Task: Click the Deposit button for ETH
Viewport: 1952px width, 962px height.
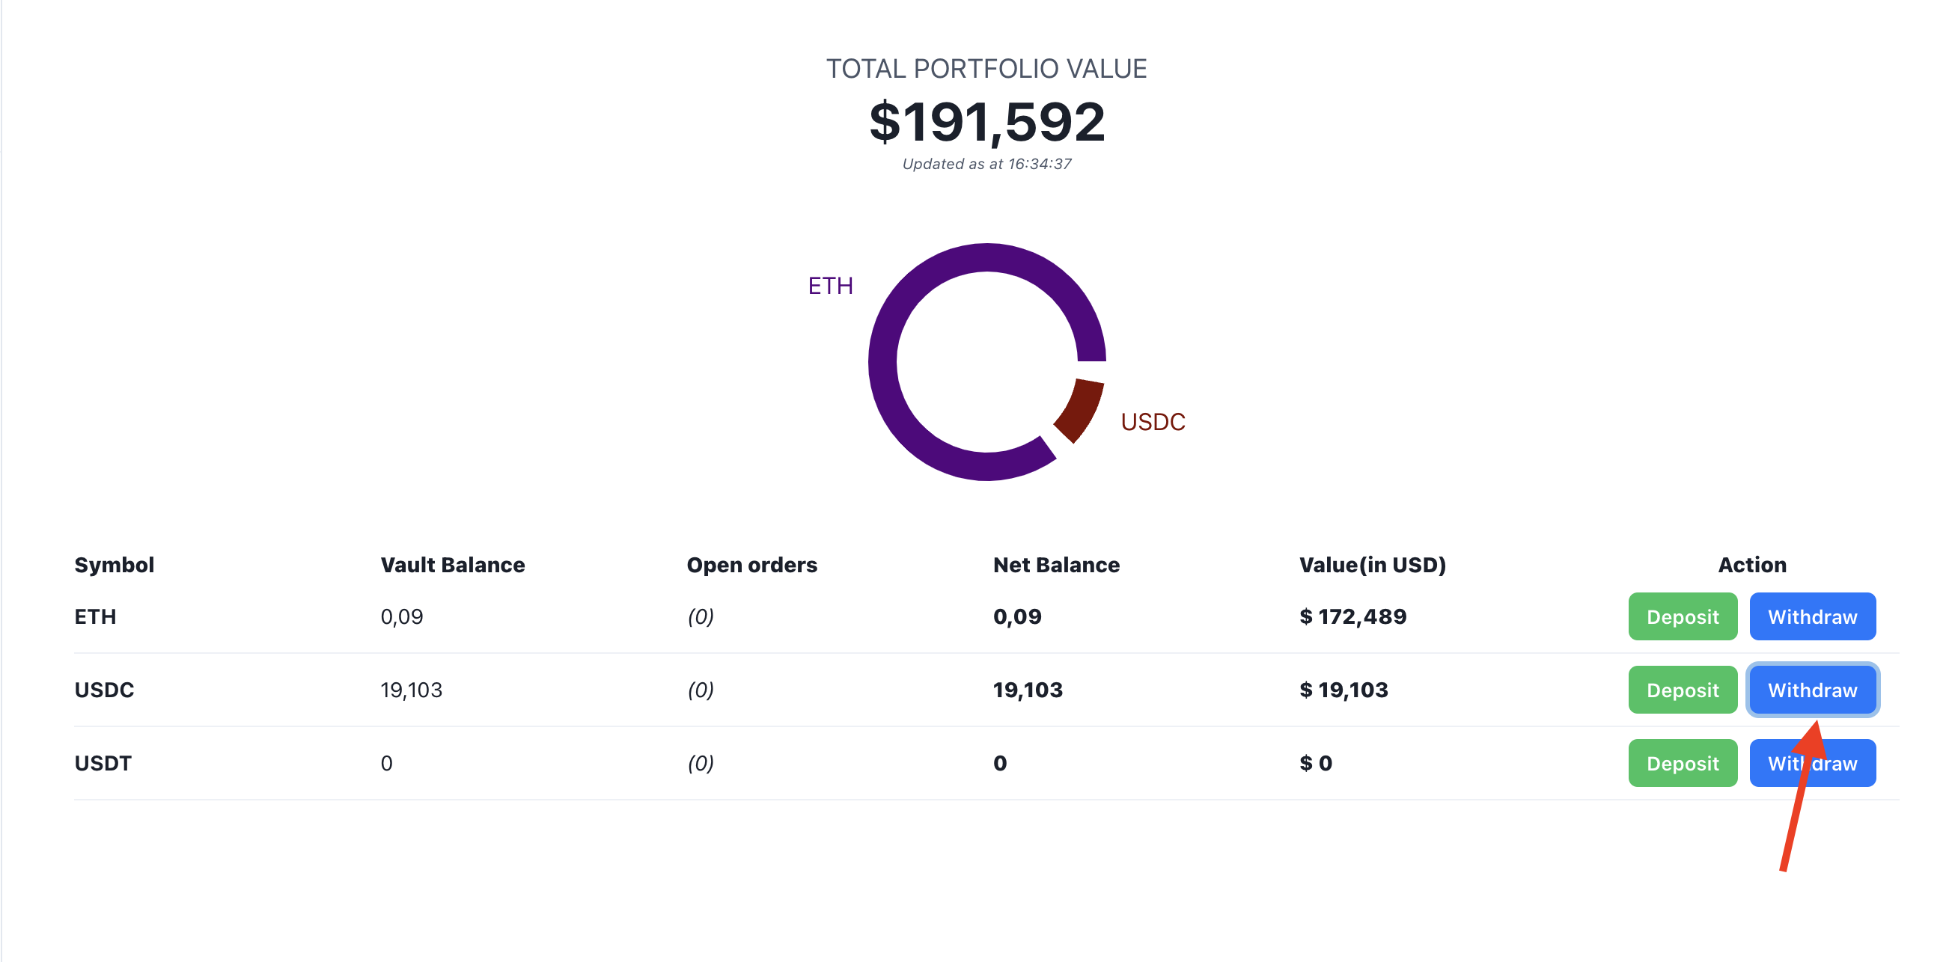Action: click(1682, 616)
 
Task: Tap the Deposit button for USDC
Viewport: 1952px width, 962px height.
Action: click(1682, 690)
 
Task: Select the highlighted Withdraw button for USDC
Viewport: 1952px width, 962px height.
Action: click(1812, 690)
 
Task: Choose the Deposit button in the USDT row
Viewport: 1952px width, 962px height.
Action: click(1682, 764)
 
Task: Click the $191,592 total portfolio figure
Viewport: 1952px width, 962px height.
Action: click(986, 122)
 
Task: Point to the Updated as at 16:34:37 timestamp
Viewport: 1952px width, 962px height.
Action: click(986, 165)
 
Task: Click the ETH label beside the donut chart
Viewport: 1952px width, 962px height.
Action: click(830, 287)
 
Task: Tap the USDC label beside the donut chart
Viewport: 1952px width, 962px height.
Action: click(1152, 422)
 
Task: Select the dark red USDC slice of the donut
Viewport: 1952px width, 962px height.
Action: click(1079, 409)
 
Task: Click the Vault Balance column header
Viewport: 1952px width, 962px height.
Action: click(452, 565)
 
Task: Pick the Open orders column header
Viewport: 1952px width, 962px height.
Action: click(751, 565)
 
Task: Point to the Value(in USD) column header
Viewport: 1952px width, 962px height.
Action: click(1371, 565)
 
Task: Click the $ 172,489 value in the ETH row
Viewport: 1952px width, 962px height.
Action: click(1352, 616)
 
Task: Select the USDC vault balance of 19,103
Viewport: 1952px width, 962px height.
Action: click(411, 690)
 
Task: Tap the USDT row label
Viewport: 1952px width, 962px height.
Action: click(103, 764)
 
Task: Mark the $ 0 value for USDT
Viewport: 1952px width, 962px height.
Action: click(1316, 764)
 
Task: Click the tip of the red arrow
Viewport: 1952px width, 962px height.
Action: click(1817, 722)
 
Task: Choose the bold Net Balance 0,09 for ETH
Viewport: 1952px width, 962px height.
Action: click(1017, 616)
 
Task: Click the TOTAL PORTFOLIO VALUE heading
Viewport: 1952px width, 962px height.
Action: click(986, 69)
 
